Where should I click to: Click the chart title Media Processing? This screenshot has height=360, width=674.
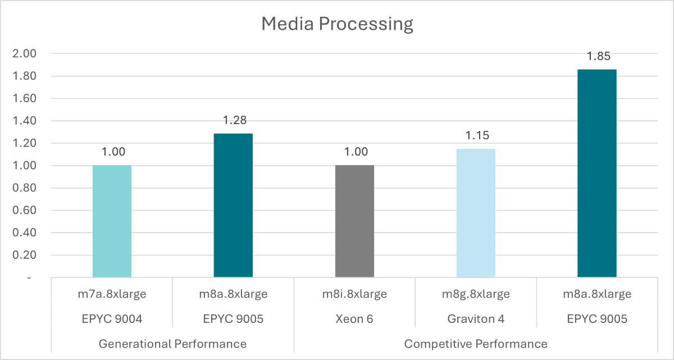[337, 24]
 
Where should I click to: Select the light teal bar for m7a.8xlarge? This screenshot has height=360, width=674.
[112, 221]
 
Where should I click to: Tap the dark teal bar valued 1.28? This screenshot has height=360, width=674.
[233, 206]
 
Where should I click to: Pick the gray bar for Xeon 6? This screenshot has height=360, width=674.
[354, 221]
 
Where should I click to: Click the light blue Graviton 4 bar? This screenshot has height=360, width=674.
[476, 213]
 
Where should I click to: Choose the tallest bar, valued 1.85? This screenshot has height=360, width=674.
[597, 174]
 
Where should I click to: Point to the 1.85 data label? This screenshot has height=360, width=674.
[597, 56]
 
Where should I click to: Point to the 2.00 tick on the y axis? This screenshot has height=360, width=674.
[24, 54]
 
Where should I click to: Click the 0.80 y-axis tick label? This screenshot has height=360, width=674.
[24, 188]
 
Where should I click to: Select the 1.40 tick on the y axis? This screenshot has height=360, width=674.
[24, 121]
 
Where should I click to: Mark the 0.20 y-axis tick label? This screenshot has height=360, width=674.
[24, 255]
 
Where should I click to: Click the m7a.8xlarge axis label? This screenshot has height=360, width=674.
[112, 294]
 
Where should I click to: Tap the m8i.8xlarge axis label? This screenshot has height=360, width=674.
[354, 294]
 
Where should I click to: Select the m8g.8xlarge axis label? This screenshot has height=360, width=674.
[476, 294]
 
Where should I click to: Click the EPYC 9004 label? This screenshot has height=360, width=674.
[112, 318]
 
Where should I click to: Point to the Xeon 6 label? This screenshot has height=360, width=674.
[354, 318]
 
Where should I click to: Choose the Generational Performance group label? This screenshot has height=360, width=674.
[172, 343]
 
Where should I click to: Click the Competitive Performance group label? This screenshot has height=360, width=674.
[476, 343]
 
